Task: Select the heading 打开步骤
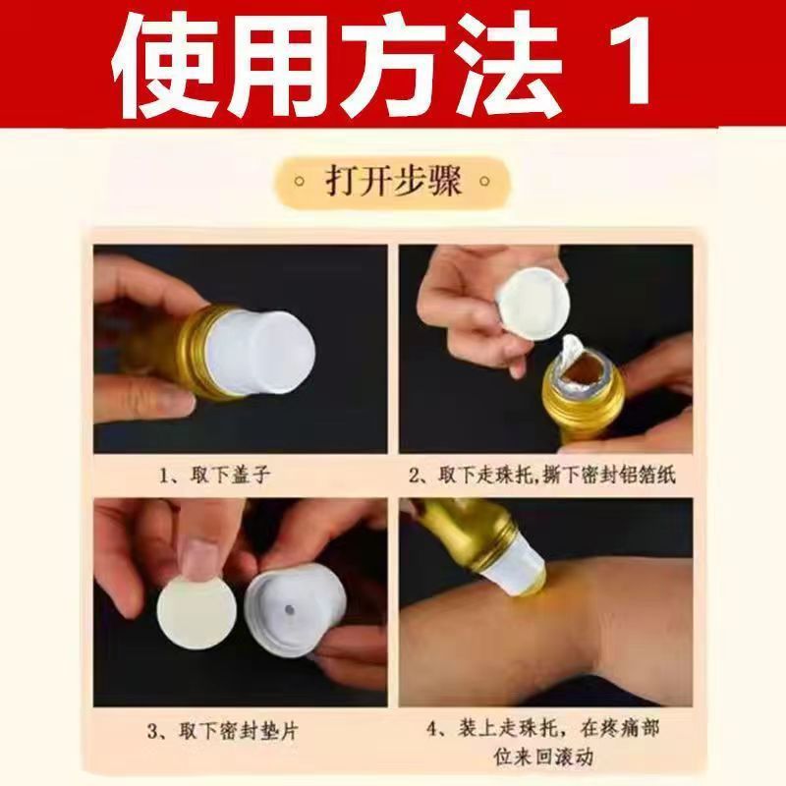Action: [x=393, y=181]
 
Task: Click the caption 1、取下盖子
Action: [x=215, y=475]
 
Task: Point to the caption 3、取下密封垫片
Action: [x=223, y=731]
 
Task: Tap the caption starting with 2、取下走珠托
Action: [x=542, y=475]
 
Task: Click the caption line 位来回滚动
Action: [x=543, y=756]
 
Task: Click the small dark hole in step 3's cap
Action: [x=289, y=609]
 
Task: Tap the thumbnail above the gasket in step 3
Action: [x=197, y=556]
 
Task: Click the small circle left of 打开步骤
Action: [x=300, y=181]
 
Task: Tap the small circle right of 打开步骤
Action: [x=484, y=181]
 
